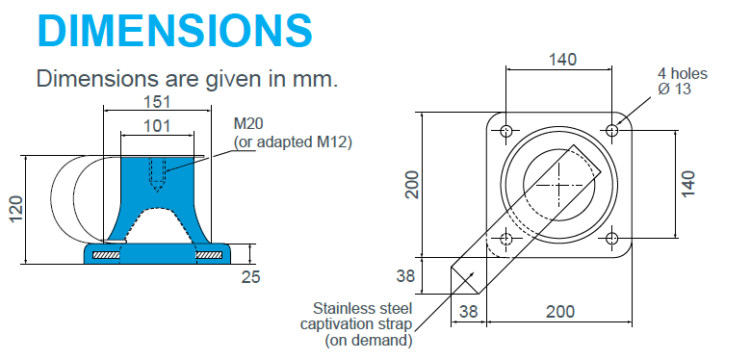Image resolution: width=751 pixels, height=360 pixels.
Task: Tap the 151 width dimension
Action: (x=157, y=101)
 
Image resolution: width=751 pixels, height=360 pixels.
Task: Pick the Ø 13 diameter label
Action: (x=676, y=90)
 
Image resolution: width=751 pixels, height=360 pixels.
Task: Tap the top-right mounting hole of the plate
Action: (x=612, y=130)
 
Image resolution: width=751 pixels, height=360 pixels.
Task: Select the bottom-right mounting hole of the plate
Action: (x=612, y=237)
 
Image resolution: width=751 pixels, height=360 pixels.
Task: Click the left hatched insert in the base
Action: (x=106, y=255)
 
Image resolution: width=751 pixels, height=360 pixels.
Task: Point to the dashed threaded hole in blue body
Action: (x=157, y=170)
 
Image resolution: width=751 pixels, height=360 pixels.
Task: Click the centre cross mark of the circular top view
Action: (x=559, y=183)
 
